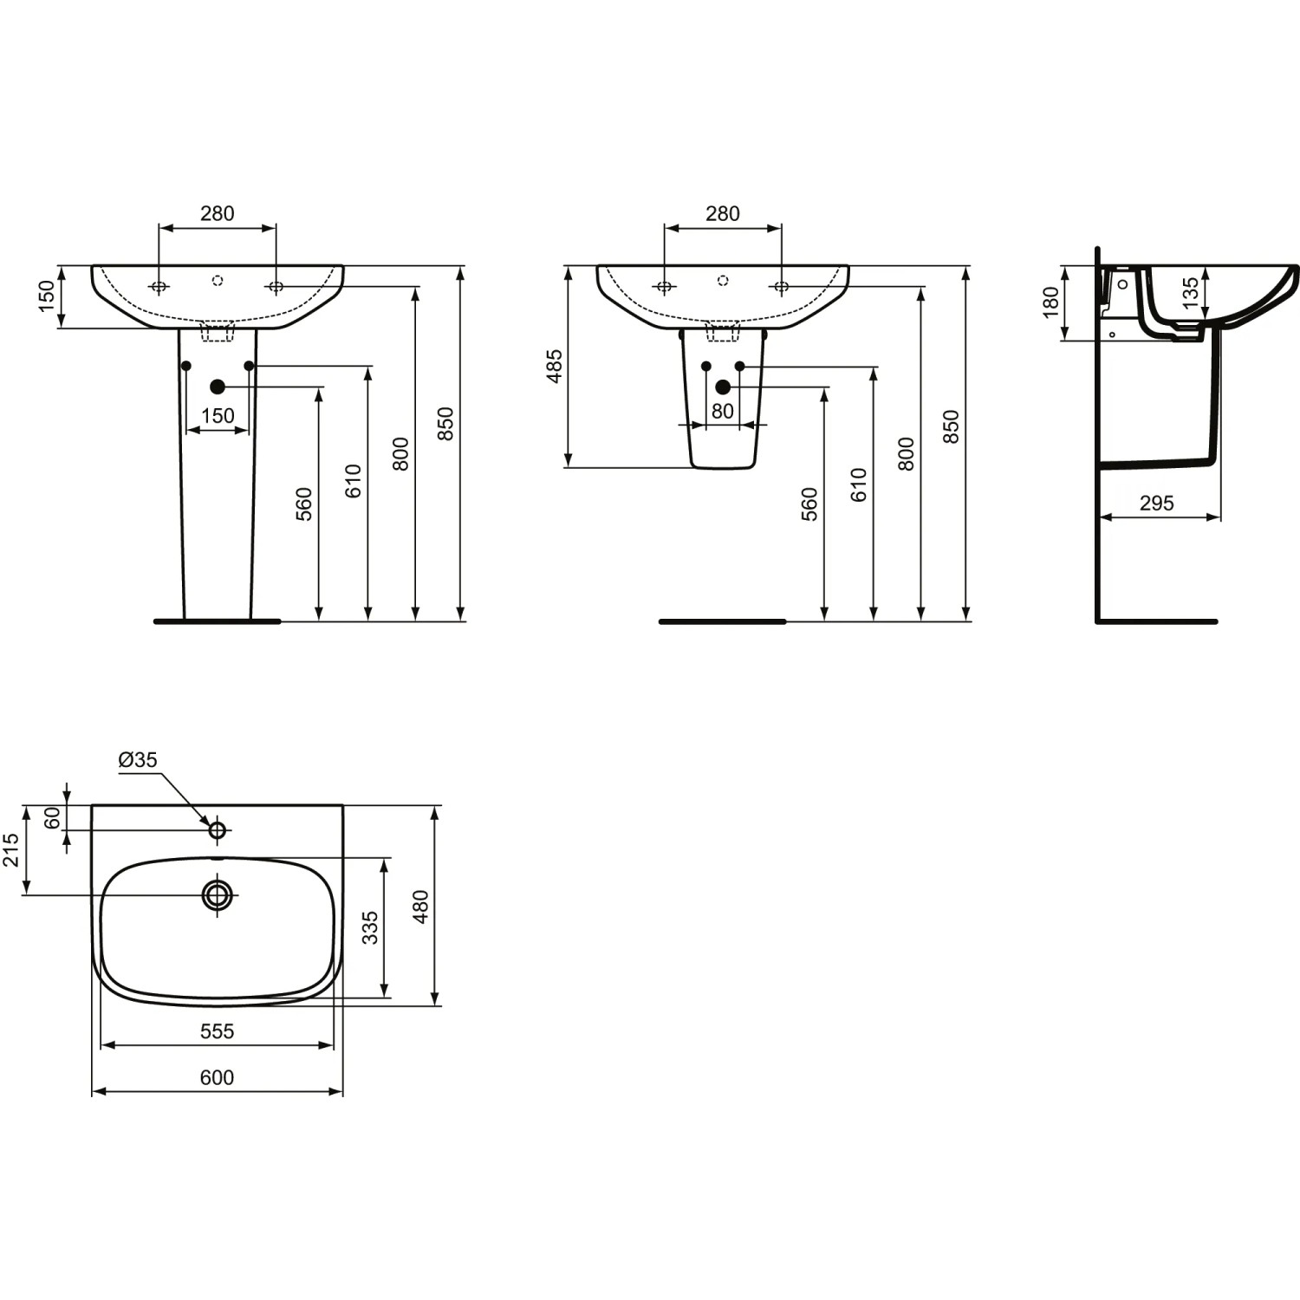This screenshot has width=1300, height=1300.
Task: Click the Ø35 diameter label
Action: point(138,760)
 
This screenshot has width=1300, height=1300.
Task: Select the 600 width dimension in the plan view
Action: point(217,1077)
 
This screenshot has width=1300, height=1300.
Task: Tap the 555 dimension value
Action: point(217,1031)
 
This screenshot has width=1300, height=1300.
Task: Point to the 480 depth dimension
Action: point(420,907)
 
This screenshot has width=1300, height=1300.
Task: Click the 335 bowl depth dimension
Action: point(370,927)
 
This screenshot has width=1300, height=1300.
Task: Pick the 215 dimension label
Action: point(10,850)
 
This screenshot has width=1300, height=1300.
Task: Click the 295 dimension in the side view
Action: point(1156,503)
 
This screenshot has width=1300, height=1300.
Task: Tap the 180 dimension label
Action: point(1050,302)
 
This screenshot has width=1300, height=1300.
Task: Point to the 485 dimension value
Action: point(555,366)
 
